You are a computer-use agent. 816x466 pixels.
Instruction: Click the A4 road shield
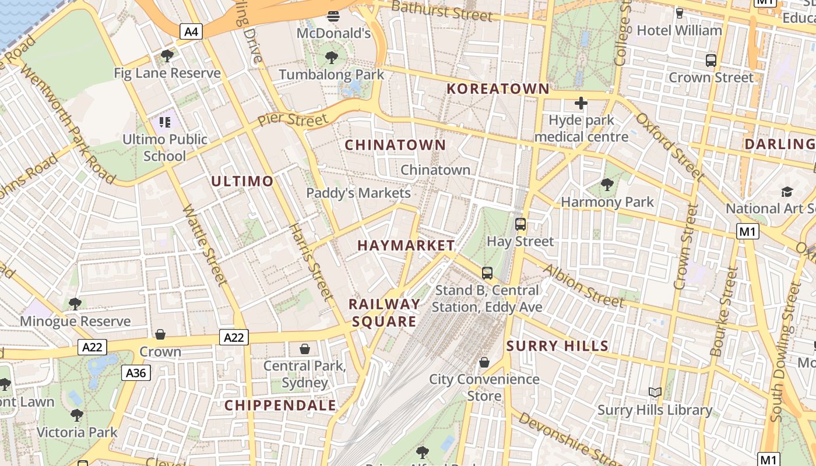pos(191,31)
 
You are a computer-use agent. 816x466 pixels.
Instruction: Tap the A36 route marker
pos(136,373)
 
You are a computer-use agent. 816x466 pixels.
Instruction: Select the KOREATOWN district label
pos(498,89)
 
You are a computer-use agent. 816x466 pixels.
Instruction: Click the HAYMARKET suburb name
pos(406,245)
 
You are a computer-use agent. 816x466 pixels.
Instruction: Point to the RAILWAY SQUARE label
pos(384,313)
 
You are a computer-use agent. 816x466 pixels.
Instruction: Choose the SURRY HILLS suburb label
pos(557,346)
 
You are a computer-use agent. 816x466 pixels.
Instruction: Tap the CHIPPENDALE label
pos(280,405)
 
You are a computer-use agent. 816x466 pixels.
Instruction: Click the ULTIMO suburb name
pos(242,181)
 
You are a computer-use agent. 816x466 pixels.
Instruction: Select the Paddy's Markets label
pos(358,193)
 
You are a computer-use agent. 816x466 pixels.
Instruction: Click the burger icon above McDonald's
pos(333,16)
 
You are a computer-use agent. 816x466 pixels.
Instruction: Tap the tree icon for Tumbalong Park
pos(332,57)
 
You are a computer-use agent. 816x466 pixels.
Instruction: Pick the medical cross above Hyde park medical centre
pos(581,104)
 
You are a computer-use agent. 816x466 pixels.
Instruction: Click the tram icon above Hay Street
pos(520,224)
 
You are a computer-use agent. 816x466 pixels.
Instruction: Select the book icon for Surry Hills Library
pos(655,393)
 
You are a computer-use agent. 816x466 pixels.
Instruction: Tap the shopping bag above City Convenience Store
pos(484,362)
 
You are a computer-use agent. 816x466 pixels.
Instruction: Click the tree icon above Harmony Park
pos(607,185)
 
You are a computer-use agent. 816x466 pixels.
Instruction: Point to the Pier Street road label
pos(293,121)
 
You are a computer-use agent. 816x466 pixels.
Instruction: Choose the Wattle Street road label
pos(204,245)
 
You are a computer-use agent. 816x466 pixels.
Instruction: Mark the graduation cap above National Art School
pos(787,192)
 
